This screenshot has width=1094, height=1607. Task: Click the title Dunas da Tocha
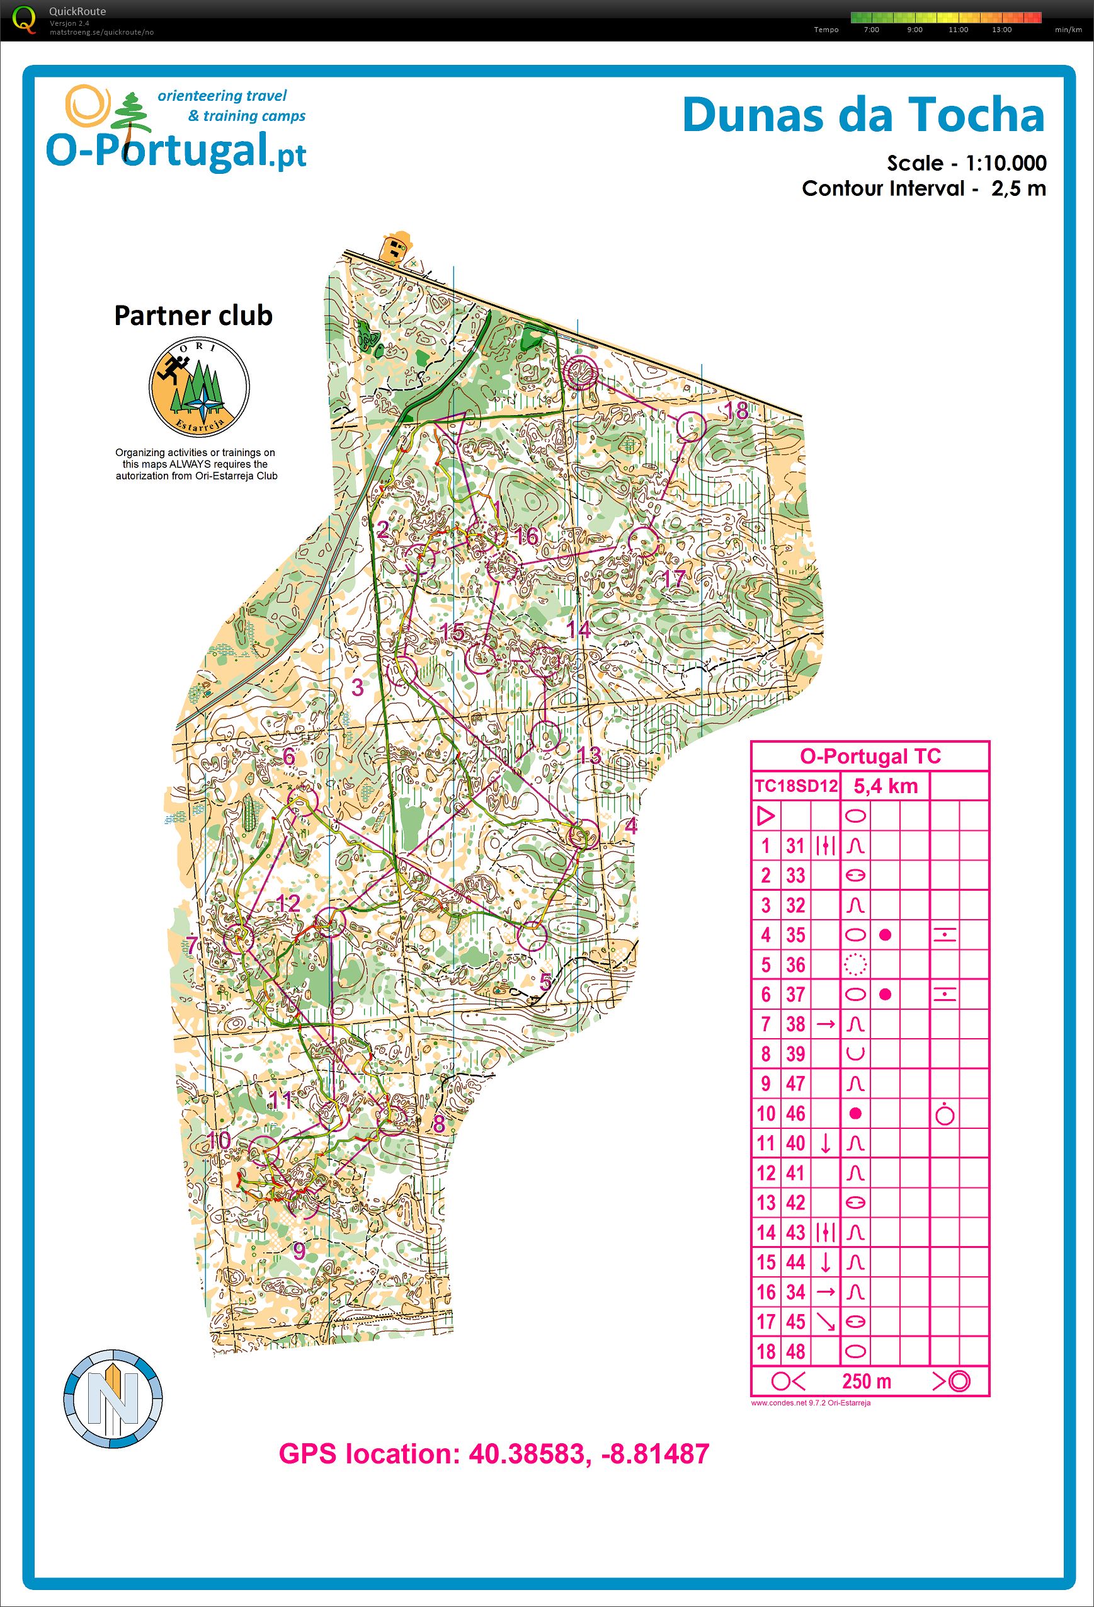[x=863, y=115]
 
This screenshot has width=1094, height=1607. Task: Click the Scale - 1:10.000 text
[x=966, y=163]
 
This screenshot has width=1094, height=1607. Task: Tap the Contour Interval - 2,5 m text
[x=923, y=188]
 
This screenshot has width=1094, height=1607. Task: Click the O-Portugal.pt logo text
[x=176, y=150]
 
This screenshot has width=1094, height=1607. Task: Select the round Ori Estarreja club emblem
[x=199, y=386]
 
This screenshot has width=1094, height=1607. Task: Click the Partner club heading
[x=193, y=316]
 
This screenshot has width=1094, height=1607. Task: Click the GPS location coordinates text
[x=494, y=1454]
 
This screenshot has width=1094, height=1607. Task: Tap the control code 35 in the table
[x=795, y=935]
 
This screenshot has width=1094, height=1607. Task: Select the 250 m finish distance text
[x=866, y=1381]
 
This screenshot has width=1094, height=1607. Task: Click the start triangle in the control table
[x=765, y=816]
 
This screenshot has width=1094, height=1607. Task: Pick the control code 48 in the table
[x=795, y=1351]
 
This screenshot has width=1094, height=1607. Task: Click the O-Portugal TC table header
[x=870, y=756]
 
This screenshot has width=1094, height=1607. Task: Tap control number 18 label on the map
[x=736, y=411]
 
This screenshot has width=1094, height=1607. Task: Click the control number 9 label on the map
[x=299, y=1250]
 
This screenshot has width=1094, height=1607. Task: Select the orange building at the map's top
[x=396, y=246]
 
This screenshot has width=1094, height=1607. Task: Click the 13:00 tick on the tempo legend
[x=1001, y=30]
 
